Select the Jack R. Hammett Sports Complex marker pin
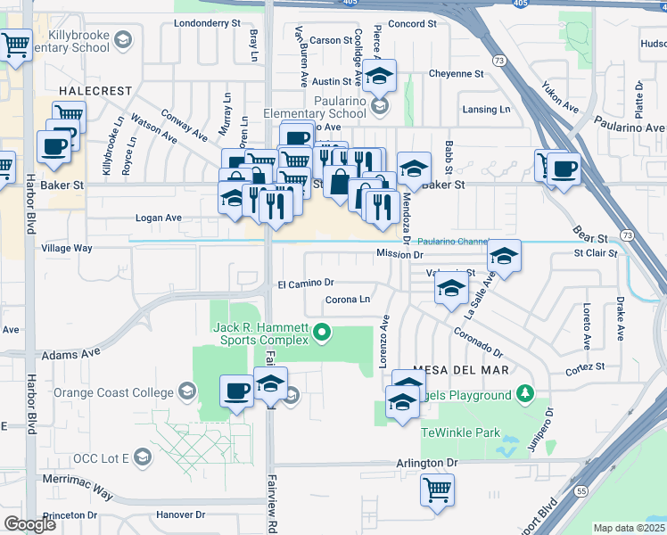coord(322,336)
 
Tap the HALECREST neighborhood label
coord(95,91)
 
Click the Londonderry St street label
coord(207,22)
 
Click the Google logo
coord(29,524)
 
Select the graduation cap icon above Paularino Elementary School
coord(379,77)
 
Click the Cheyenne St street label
coord(456,74)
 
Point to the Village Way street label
coord(67,249)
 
